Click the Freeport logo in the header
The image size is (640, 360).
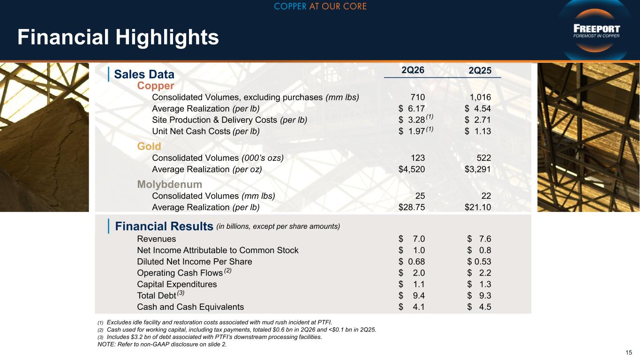pos(596,31)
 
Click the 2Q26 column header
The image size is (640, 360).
pos(413,70)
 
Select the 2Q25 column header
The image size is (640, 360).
pos(480,71)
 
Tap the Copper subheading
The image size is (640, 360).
pos(156,86)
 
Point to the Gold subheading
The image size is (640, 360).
pos(149,146)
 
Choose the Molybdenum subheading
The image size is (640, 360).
pos(170,184)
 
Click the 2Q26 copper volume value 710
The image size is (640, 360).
pos(417,97)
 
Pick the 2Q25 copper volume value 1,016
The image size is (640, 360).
pos(480,97)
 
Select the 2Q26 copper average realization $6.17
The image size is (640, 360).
pos(412,109)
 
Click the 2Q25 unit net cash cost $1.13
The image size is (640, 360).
pos(478,131)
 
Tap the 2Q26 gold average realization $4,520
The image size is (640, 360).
pos(412,169)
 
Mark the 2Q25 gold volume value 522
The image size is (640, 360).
pos(484,157)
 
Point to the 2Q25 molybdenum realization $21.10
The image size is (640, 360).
pos(478,207)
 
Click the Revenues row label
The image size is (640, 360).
pos(156,239)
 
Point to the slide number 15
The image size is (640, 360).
pos(629,352)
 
